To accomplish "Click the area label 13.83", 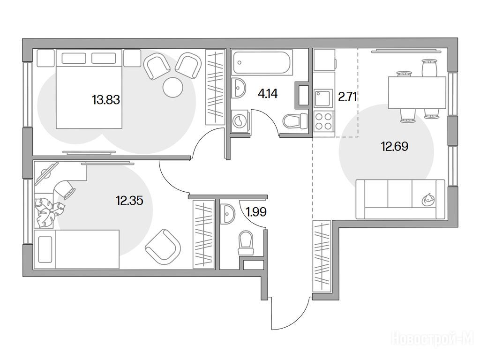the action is click(x=106, y=100).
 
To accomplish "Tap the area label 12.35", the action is click(x=129, y=201).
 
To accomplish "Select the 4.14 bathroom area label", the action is click(x=268, y=93).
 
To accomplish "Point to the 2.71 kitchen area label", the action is click(x=348, y=97).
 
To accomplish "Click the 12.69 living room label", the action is click(x=395, y=146).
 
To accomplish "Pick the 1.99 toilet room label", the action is click(x=256, y=211).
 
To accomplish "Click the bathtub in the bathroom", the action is click(x=262, y=63).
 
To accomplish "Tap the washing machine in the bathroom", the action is click(x=240, y=121).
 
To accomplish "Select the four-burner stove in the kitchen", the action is click(x=323, y=121).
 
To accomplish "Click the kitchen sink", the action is click(x=323, y=98).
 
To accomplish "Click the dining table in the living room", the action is click(x=417, y=92).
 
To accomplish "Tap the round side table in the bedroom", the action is click(x=173, y=88).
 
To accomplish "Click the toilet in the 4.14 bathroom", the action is click(x=295, y=121).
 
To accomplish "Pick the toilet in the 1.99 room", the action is click(x=246, y=243).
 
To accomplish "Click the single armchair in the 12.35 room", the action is click(x=163, y=247).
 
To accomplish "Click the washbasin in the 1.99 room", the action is click(x=228, y=214).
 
